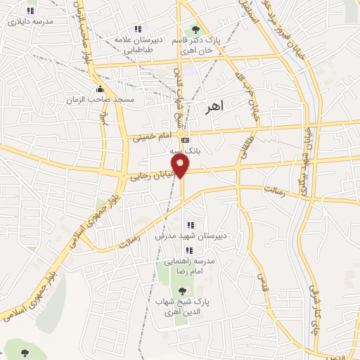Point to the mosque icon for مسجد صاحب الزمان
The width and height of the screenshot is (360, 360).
(100, 89)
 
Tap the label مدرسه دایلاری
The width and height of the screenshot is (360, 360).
(30, 22)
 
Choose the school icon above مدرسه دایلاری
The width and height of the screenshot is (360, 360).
(30, 11)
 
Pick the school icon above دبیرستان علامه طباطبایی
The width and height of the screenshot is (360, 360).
(138, 29)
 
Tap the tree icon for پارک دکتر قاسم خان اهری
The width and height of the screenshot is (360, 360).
(195, 29)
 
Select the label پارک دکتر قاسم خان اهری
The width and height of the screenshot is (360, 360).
(196, 45)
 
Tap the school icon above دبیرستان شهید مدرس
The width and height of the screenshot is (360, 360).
(190, 225)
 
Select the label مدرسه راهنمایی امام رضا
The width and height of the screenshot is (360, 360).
(191, 266)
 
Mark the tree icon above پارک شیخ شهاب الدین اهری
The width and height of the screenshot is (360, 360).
(182, 290)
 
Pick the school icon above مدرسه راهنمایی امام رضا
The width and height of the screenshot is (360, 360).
(188, 250)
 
